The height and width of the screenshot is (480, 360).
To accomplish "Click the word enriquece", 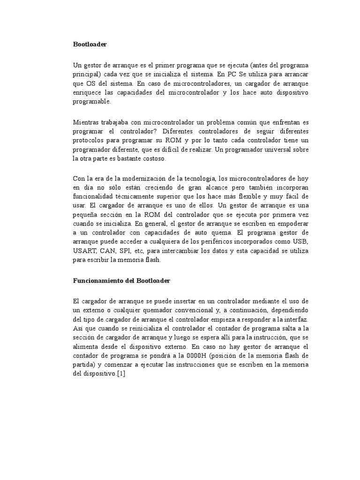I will point(88,92).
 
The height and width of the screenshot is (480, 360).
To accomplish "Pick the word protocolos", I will point(89,141).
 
